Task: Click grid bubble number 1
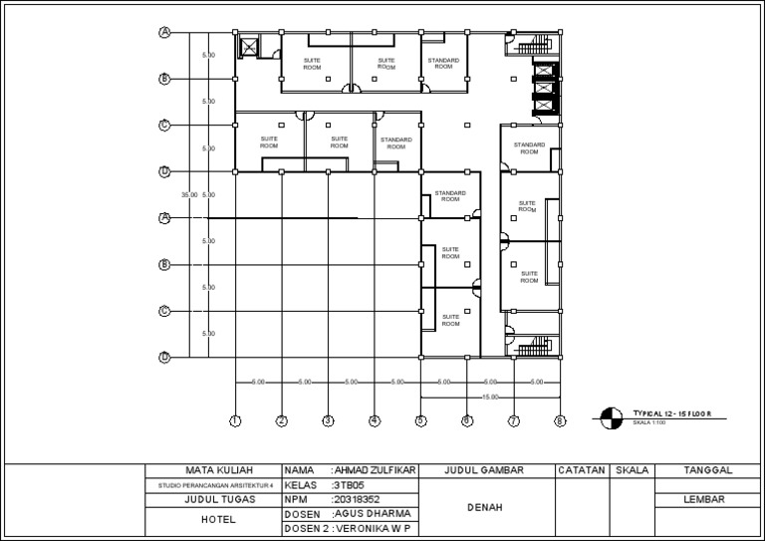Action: [235, 421]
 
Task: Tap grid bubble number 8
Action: [559, 421]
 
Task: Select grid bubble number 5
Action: [420, 421]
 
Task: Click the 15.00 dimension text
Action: [489, 397]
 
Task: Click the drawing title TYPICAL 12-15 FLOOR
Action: [671, 412]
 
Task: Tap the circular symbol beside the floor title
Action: [609, 417]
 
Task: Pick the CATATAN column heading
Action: [582, 469]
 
